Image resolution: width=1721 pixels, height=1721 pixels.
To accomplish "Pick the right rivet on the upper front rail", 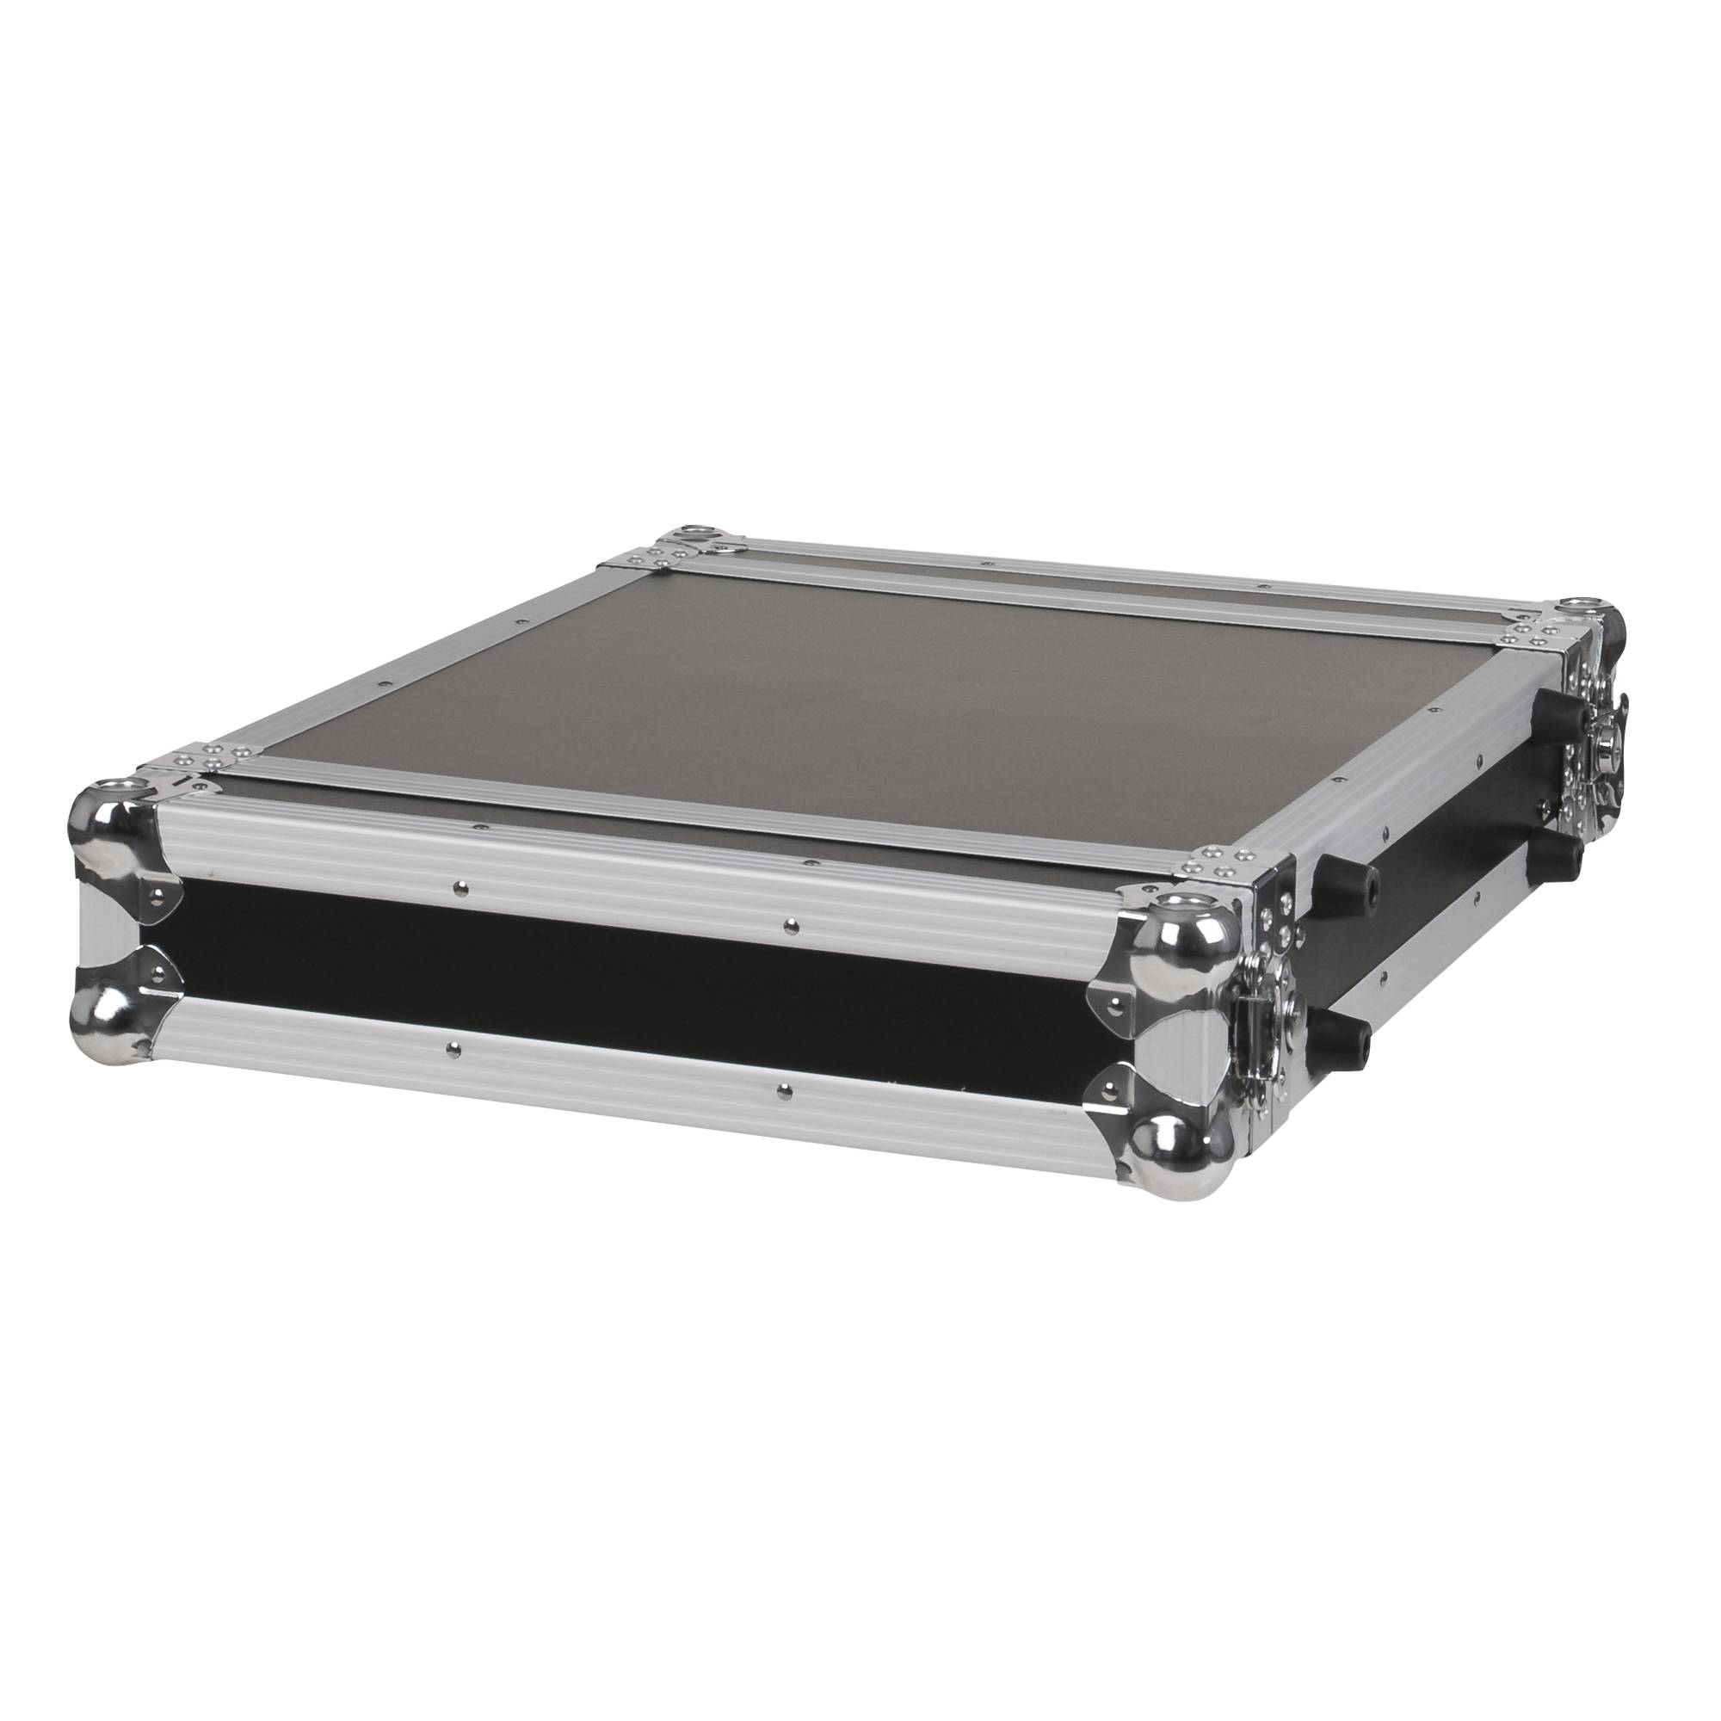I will pos(789,928).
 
